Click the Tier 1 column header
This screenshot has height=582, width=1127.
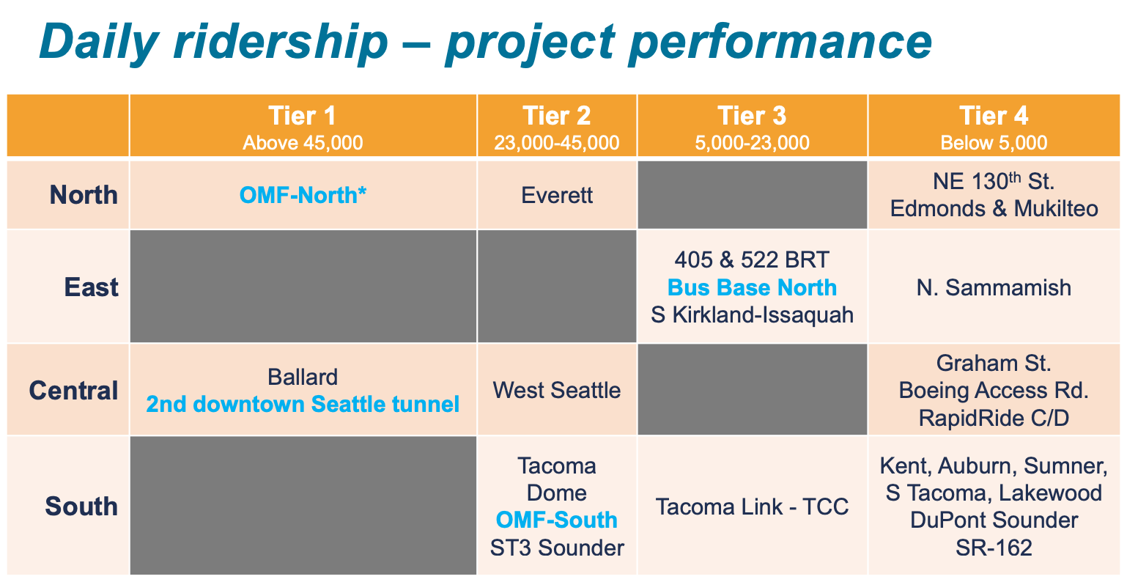click(x=302, y=116)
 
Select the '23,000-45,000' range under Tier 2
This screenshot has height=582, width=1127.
click(x=556, y=142)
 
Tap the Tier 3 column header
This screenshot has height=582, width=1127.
click(x=752, y=116)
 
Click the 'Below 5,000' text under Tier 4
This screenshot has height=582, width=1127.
click(x=994, y=142)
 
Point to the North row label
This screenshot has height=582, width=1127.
click(x=84, y=195)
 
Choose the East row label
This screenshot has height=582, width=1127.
click(x=91, y=287)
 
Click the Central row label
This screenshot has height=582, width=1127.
click(x=73, y=390)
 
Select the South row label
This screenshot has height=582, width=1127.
click(x=81, y=506)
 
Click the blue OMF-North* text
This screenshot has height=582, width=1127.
click(x=303, y=195)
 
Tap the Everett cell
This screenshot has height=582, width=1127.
click(x=557, y=196)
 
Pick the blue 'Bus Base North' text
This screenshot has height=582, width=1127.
click(x=752, y=287)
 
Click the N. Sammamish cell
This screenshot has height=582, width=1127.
click(x=994, y=287)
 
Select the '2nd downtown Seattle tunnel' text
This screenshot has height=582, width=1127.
click(x=303, y=404)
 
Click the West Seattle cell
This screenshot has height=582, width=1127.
click(x=557, y=390)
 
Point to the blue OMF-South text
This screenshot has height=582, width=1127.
click(x=557, y=520)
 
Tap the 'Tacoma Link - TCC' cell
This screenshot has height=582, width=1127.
click(x=752, y=507)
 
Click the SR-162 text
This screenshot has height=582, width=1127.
click(x=994, y=548)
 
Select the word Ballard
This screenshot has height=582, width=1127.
click(x=303, y=377)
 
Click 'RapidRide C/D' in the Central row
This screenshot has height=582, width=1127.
click(x=994, y=418)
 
